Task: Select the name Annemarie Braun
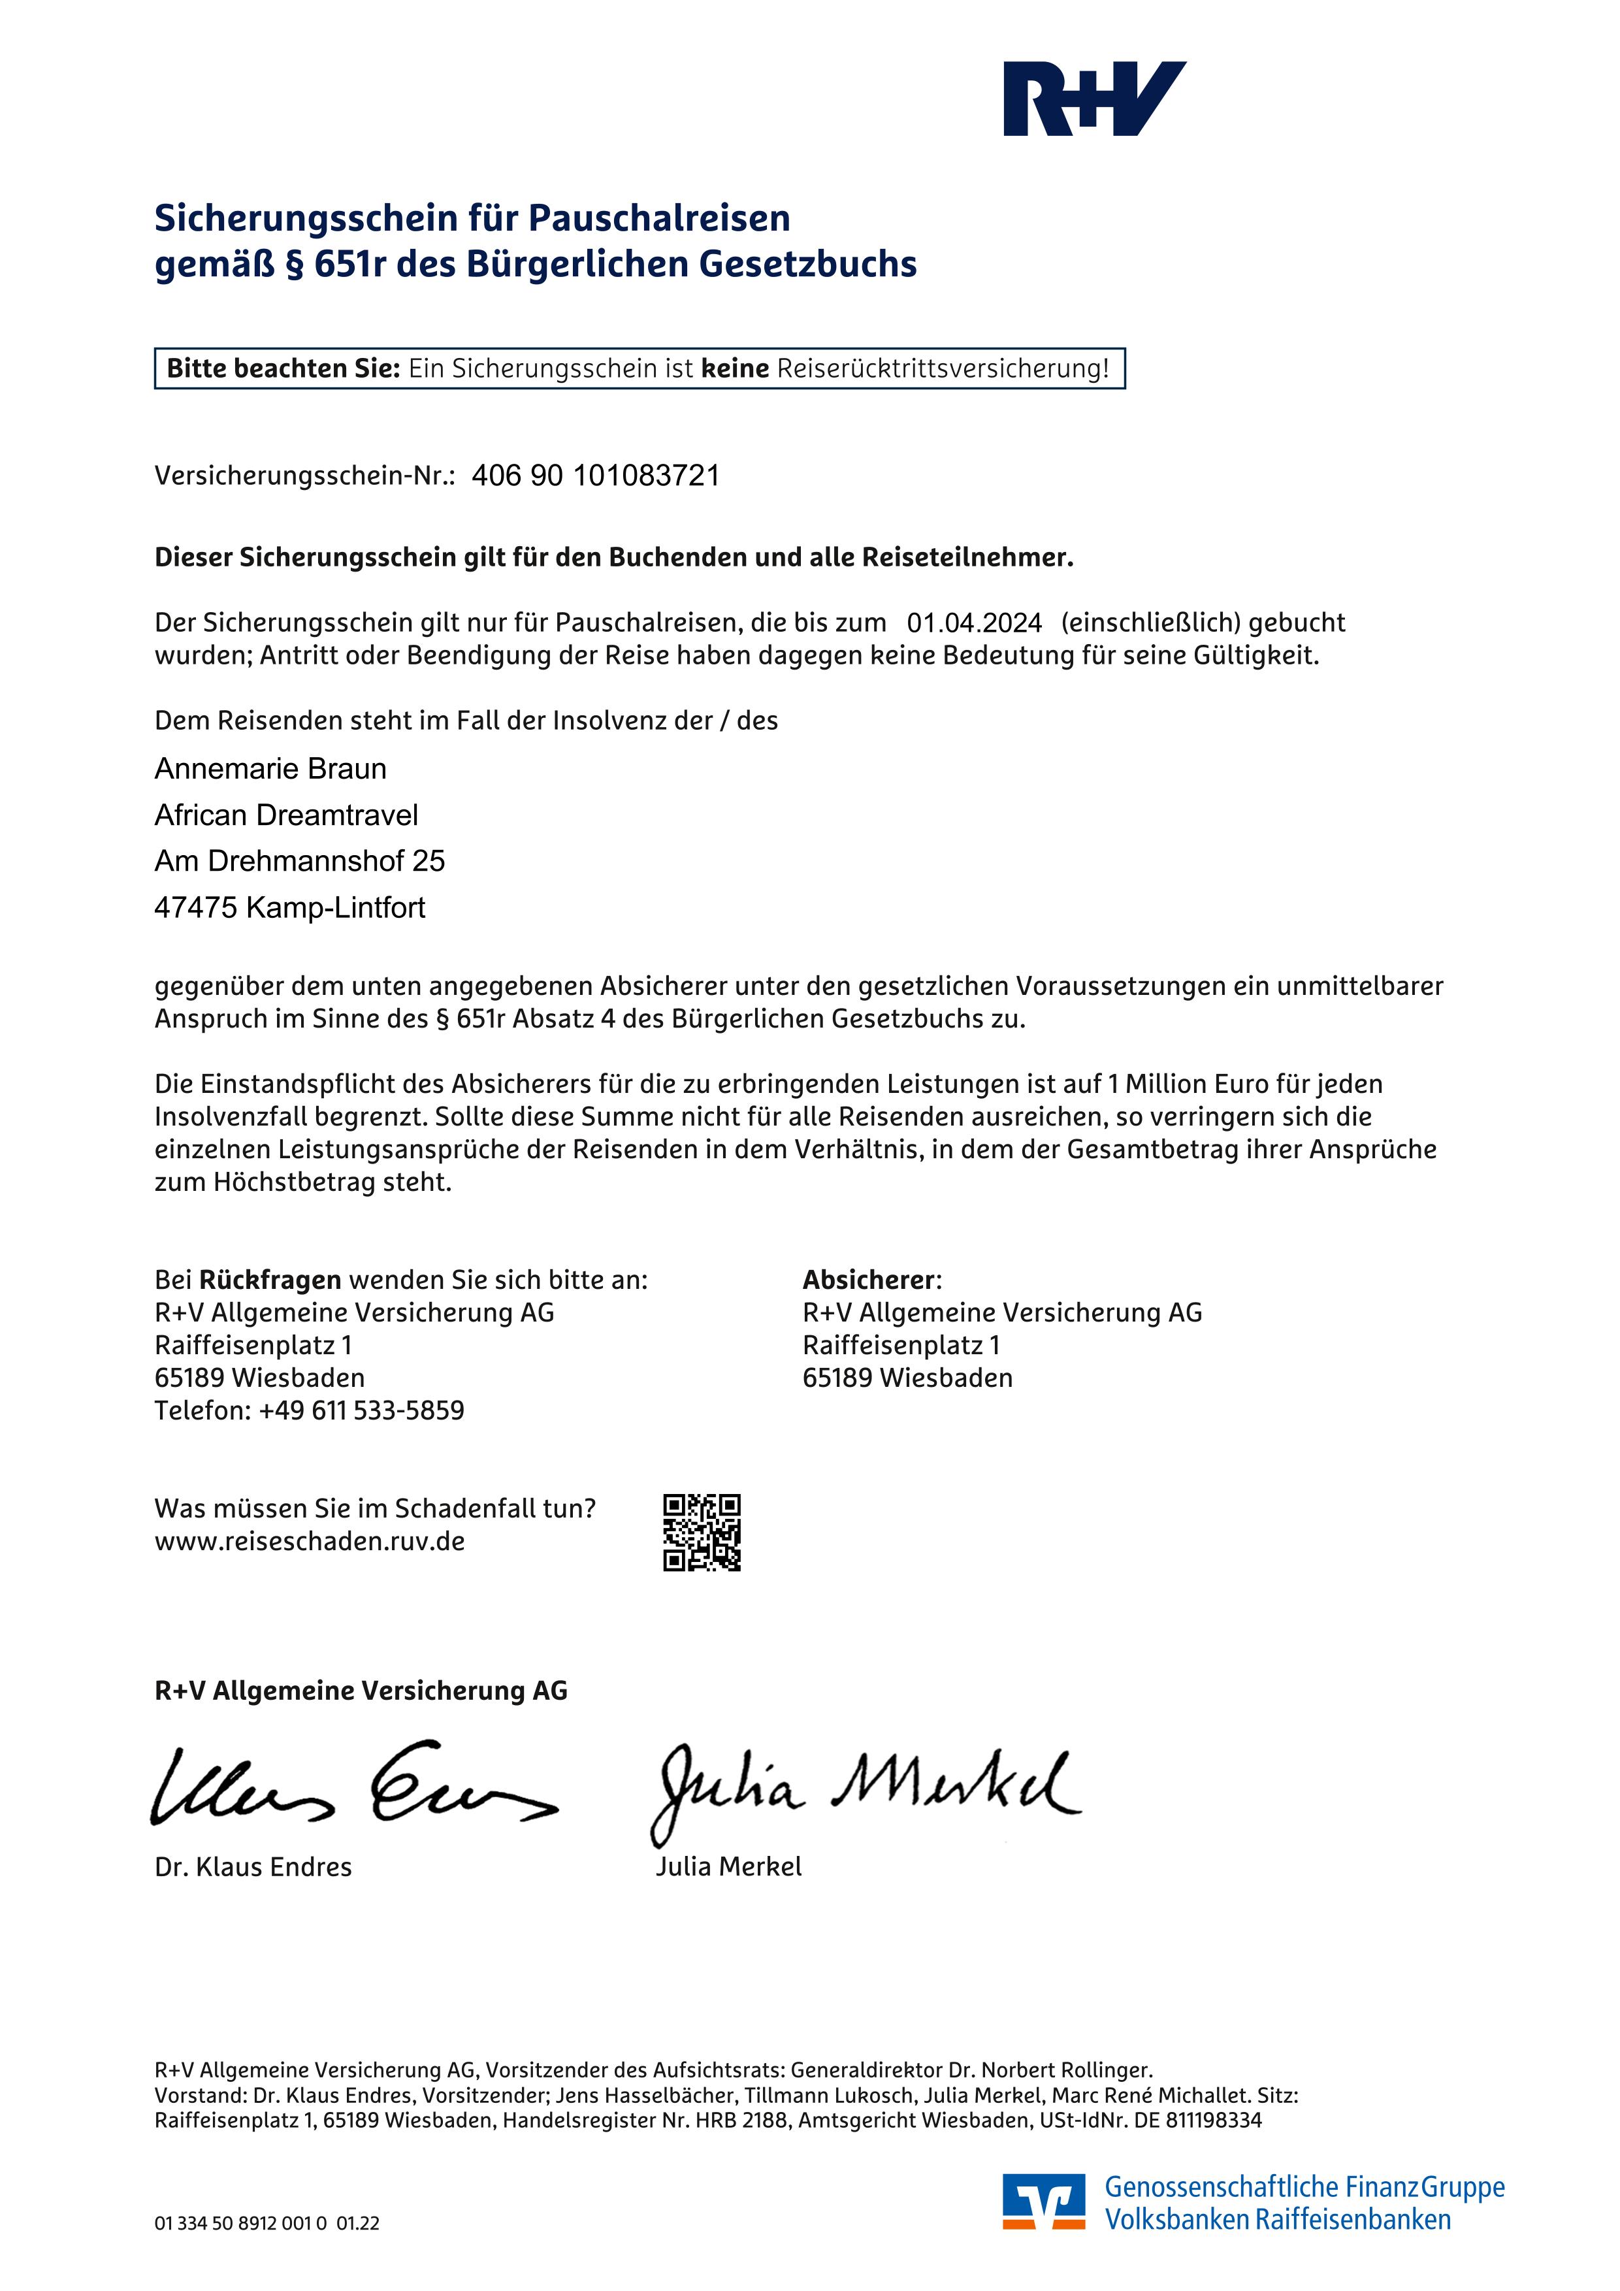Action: [x=270, y=768]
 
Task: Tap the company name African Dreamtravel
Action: [x=286, y=815]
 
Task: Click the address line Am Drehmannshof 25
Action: [x=299, y=861]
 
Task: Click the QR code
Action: [x=702, y=1532]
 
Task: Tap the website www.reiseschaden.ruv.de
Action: [x=309, y=1542]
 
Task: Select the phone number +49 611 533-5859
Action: [x=361, y=1411]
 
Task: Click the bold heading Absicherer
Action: [x=870, y=1280]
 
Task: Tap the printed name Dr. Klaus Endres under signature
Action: [x=253, y=1867]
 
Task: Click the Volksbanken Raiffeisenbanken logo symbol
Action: [x=1043, y=2202]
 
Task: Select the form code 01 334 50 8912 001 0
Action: [x=240, y=2223]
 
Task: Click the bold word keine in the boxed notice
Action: [x=735, y=368]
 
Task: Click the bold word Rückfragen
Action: [x=270, y=1280]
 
